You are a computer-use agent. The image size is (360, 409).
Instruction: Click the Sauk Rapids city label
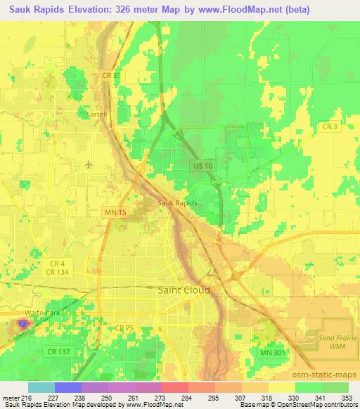177,202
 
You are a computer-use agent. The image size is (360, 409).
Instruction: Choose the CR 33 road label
108,76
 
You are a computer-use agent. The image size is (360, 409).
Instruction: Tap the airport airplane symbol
88,164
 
